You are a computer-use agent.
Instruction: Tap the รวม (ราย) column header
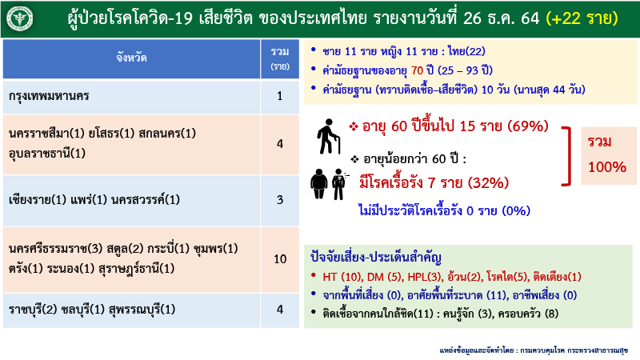[x=280, y=58]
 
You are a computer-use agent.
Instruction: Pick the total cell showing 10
[x=280, y=259]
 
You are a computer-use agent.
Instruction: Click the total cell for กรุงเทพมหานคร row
[x=280, y=97]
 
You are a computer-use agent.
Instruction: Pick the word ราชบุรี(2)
[x=31, y=309]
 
